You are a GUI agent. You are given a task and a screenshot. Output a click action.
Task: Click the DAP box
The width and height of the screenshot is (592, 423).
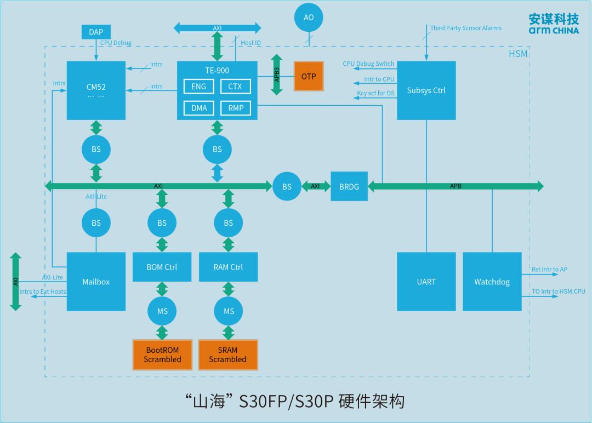(x=96, y=32)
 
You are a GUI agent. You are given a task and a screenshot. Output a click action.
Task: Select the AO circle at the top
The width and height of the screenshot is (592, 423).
(x=309, y=18)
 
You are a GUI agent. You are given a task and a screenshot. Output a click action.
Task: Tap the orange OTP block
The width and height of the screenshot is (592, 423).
(x=309, y=76)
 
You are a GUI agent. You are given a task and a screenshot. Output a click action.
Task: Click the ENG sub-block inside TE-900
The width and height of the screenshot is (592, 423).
(x=199, y=87)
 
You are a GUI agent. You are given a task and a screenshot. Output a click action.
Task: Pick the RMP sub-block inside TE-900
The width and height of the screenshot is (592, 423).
(x=236, y=108)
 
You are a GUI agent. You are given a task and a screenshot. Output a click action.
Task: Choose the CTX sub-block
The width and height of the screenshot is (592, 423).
(x=236, y=87)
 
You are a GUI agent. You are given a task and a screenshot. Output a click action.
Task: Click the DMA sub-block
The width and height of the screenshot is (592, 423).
(x=199, y=108)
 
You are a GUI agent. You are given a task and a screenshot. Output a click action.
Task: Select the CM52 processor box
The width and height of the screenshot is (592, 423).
(x=96, y=90)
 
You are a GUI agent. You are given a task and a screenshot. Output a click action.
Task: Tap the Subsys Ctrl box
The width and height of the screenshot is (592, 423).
(x=426, y=90)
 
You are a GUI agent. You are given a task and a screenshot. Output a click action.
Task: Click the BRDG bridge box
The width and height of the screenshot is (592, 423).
(x=349, y=186)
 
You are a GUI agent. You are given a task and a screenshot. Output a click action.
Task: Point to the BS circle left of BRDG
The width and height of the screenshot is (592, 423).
(x=287, y=186)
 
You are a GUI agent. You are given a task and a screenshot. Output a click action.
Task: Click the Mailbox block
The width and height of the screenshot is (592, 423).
(x=96, y=282)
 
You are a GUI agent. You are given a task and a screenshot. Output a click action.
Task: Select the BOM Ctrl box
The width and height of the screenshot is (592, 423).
(x=162, y=267)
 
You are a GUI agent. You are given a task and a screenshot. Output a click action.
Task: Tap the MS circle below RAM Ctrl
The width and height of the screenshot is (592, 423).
(x=229, y=311)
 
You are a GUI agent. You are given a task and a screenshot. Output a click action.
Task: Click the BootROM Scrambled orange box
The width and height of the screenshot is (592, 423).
(x=162, y=355)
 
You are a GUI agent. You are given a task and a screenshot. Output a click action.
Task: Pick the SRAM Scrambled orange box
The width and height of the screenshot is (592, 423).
(x=228, y=355)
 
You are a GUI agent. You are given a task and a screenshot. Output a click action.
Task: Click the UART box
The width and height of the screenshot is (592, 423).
(x=426, y=282)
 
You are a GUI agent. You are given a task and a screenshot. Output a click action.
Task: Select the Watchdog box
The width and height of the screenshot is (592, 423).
(x=492, y=282)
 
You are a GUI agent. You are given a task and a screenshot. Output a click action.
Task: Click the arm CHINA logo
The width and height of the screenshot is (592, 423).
(x=554, y=24)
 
